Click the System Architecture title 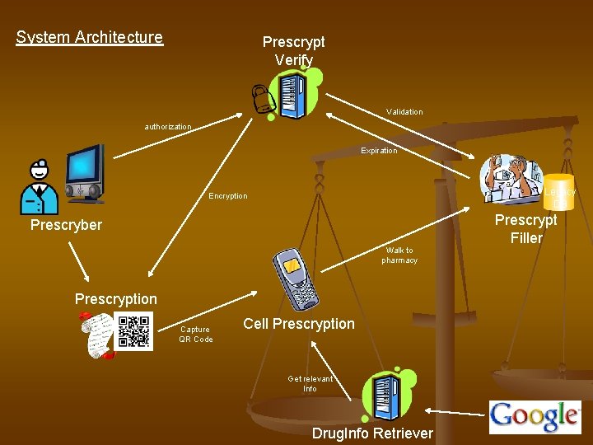(90, 37)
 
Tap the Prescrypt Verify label (293, 50)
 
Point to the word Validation (404, 112)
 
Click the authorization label (168, 127)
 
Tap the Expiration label (379, 151)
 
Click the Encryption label (228, 196)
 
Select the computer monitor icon (85, 173)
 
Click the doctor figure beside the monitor (38, 189)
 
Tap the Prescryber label (66, 225)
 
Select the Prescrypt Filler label (525, 229)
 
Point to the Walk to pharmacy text (399, 255)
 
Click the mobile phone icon (297, 277)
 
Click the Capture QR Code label (196, 335)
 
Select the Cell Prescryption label (299, 324)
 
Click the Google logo (535, 416)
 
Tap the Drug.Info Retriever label (372, 433)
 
